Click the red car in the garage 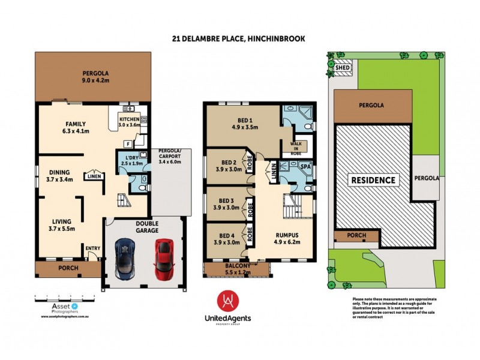click(x=163, y=259)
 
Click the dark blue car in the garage click(x=125, y=259)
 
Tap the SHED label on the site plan click(x=343, y=68)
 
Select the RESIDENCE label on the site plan click(x=373, y=180)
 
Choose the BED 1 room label click(x=244, y=122)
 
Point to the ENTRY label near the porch click(x=93, y=249)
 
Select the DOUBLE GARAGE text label click(x=143, y=226)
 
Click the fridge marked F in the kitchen click(x=128, y=144)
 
